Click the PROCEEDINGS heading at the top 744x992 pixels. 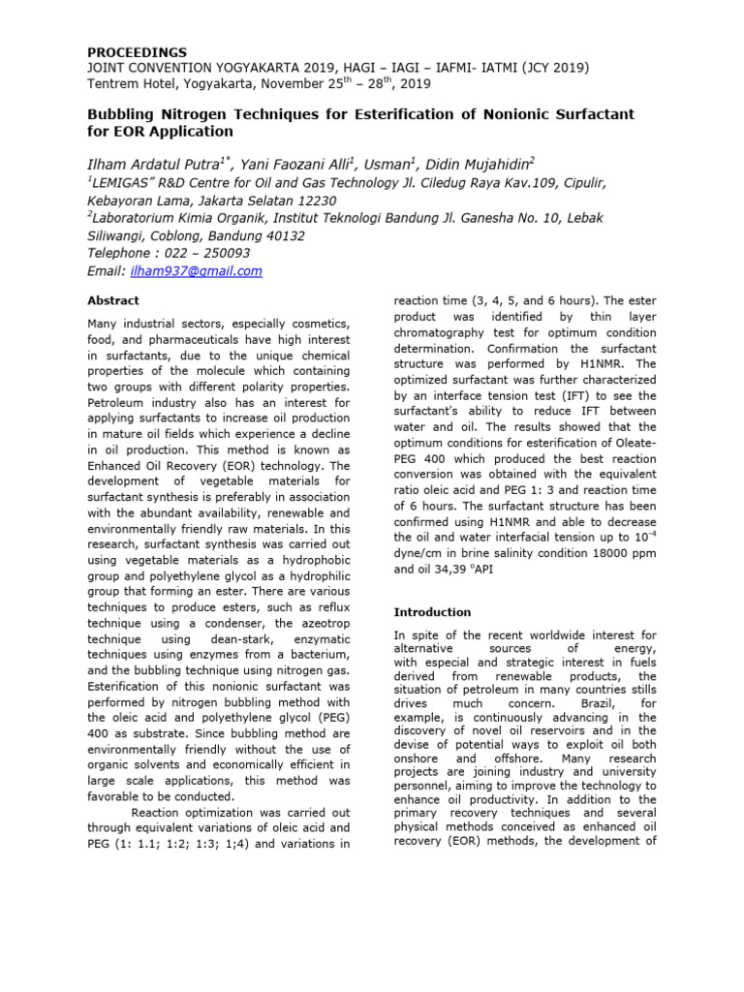[138, 51]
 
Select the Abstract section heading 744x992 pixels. [113, 300]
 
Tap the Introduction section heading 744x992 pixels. [432, 612]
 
